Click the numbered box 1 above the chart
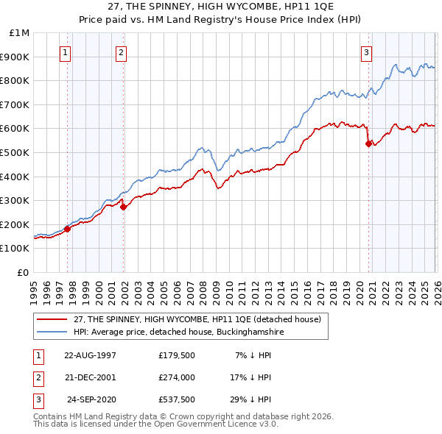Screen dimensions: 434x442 tap(66, 52)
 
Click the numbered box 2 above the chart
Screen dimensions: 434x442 tap(120, 52)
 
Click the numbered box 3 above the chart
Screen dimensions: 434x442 tap(366, 52)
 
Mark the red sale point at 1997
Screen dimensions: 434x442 tap(67, 229)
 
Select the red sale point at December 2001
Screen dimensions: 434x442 tap(123, 207)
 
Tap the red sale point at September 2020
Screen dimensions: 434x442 tap(368, 144)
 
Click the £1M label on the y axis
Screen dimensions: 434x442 tap(20, 32)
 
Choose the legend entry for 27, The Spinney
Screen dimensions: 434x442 tap(197, 320)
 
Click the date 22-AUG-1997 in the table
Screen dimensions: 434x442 tap(90, 355)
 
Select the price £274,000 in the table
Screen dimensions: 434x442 tap(177, 377)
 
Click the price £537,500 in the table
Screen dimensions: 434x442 tap(177, 399)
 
